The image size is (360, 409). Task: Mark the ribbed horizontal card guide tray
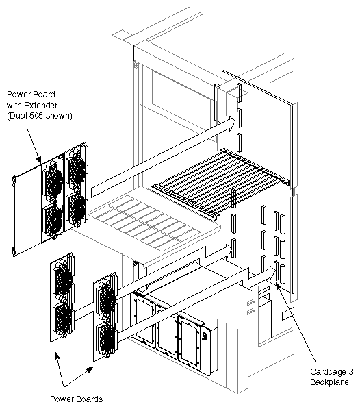[x=222, y=179]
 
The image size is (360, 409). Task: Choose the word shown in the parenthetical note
[x=56, y=115]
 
